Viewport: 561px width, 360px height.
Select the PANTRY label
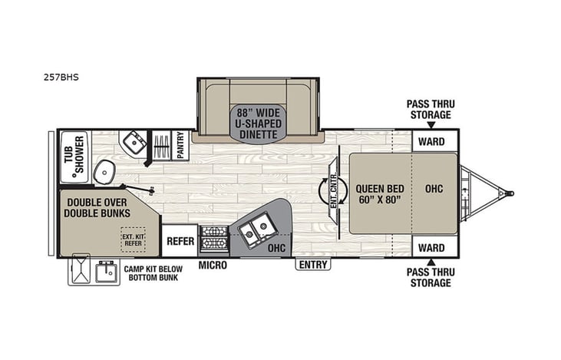point(181,145)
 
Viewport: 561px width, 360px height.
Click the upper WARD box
point(432,141)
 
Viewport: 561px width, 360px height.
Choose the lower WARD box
point(432,247)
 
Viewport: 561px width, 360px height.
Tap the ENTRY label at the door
point(313,265)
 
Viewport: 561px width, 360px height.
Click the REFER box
point(180,240)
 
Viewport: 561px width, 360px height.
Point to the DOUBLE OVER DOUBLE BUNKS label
point(97,208)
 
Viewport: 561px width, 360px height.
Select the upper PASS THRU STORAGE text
point(429,109)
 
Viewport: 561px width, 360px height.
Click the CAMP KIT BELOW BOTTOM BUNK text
point(152,273)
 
